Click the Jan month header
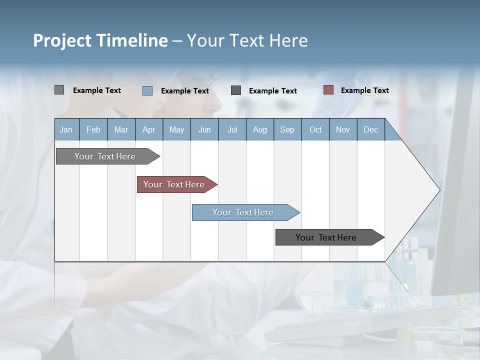[x=66, y=129]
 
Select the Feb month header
[x=93, y=129]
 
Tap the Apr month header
[x=149, y=129]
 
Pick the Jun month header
[x=204, y=129]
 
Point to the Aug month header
[x=260, y=129]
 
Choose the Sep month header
[x=287, y=129]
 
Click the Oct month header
[x=315, y=129]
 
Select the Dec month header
[x=371, y=129]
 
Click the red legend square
[x=328, y=90]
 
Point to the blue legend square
[x=147, y=90]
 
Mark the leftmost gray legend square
[x=59, y=90]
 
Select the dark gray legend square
[x=236, y=90]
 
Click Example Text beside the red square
[x=364, y=90]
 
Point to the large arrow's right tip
[x=438, y=190]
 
